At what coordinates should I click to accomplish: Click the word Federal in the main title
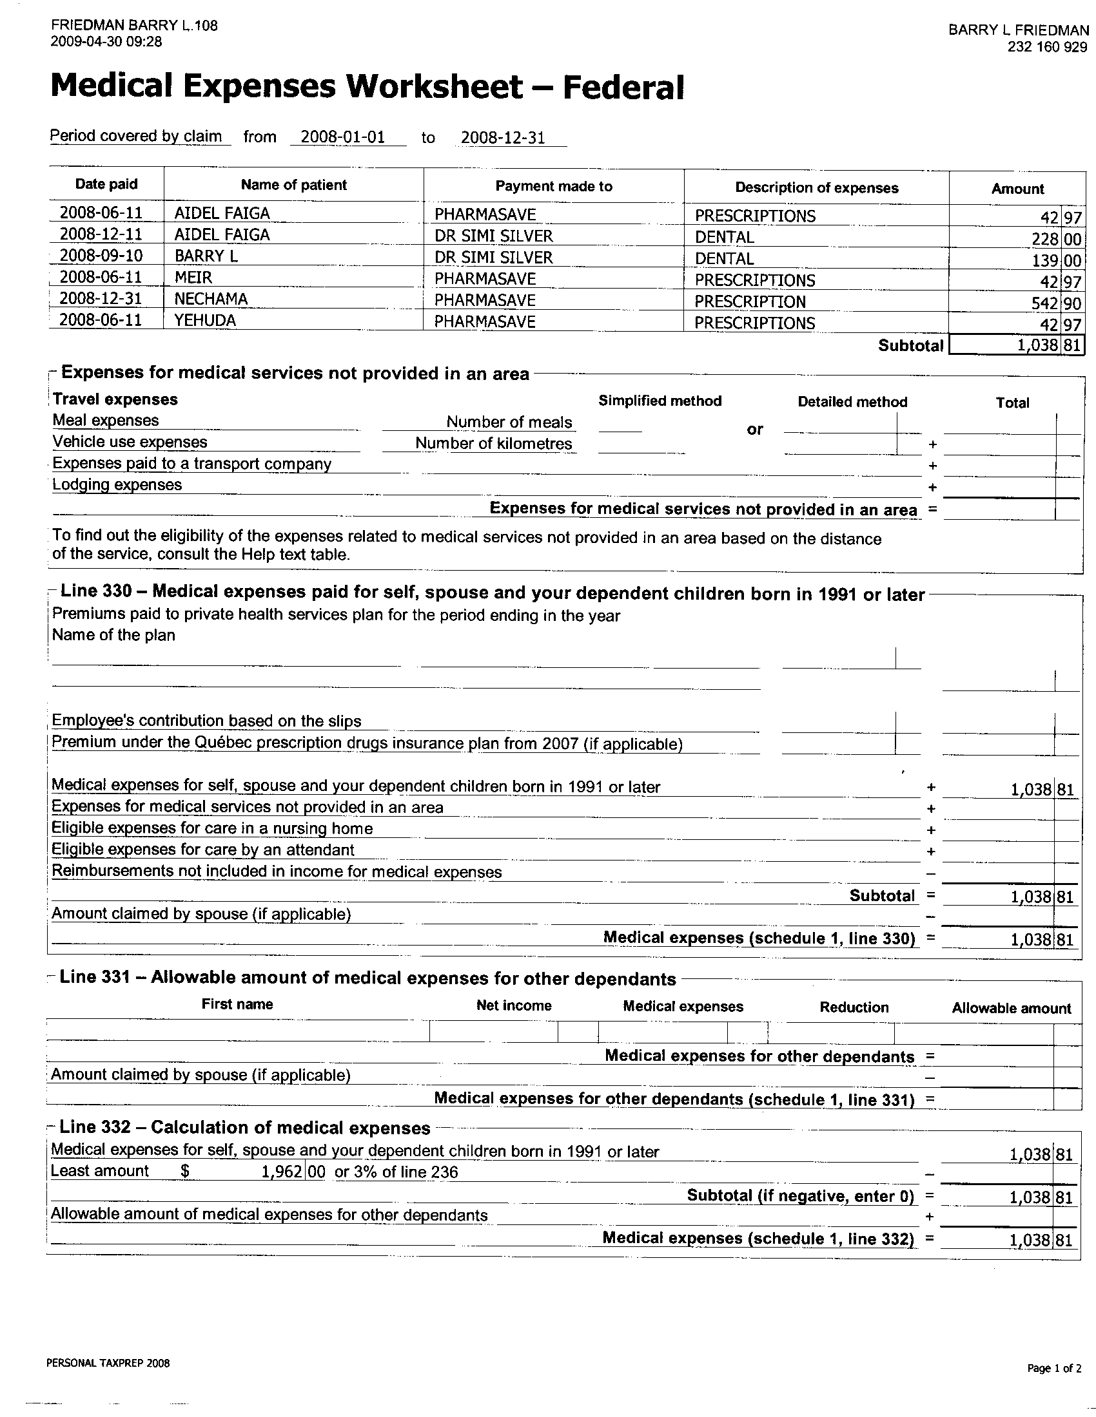coord(623,88)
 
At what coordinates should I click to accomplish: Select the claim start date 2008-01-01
coord(343,137)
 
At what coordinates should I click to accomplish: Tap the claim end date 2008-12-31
coord(503,138)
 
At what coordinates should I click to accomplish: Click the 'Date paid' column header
coord(106,184)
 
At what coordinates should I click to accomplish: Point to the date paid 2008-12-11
coord(101,234)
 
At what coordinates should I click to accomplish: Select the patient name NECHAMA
coord(211,299)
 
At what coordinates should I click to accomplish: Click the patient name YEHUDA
coord(205,321)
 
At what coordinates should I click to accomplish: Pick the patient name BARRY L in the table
coord(206,256)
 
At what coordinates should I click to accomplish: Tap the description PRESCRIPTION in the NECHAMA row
coord(750,301)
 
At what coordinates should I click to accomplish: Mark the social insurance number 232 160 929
coord(1047,47)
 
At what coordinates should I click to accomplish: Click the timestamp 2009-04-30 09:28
coord(106,42)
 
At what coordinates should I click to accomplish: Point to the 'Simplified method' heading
coord(660,401)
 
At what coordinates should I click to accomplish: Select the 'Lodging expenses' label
coord(117,484)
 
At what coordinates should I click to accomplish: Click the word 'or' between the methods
coord(754,430)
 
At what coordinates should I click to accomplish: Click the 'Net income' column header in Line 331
coord(514,1005)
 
